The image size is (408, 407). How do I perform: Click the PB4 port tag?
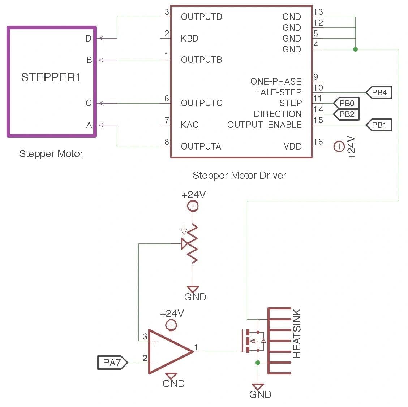[379, 92]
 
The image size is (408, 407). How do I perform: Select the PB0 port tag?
[346, 103]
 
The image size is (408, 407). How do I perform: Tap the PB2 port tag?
[346, 114]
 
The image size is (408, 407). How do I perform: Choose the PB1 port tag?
[379, 125]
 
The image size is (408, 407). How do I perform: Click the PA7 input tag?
[112, 362]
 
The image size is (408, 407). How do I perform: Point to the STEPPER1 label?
[51, 77]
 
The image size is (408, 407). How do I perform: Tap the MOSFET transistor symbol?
[253, 341]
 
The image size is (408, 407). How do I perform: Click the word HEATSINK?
[297, 333]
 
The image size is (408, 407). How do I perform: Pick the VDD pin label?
[292, 146]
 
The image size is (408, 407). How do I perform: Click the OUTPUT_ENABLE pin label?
[264, 125]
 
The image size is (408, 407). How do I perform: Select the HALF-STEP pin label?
[278, 92]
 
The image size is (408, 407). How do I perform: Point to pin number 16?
[318, 142]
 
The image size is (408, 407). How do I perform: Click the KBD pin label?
[190, 38]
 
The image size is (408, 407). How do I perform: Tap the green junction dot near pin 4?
[355, 49]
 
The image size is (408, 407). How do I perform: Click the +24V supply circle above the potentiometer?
[193, 206]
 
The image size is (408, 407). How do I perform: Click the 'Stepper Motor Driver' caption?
[239, 176]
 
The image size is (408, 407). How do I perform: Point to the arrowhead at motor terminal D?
[101, 38]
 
